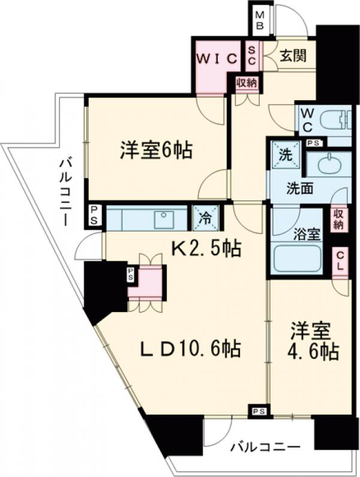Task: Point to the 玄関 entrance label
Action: click(x=293, y=56)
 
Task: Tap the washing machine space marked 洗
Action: click(x=285, y=154)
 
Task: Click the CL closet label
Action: click(x=340, y=263)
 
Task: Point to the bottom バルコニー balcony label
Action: click(x=265, y=448)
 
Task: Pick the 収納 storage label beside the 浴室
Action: click(x=339, y=219)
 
